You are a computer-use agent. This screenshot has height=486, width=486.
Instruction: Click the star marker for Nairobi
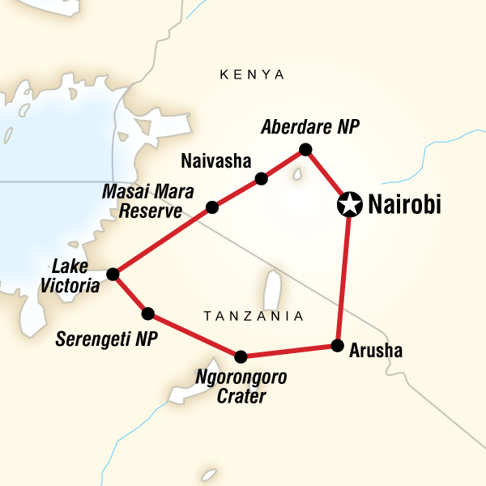(348, 205)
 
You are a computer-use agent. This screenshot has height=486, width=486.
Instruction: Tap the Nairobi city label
(404, 206)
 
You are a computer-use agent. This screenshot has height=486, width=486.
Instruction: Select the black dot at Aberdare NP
(305, 149)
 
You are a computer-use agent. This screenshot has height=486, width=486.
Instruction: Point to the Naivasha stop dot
(261, 178)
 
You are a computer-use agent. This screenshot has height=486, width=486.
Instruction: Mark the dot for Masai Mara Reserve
(211, 207)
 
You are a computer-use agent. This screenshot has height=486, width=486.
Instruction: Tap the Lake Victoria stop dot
(113, 274)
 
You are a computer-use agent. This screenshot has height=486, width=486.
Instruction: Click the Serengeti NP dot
(147, 313)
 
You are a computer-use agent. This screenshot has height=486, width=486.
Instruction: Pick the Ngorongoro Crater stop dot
(240, 356)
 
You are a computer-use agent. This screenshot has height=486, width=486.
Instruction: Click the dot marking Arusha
(336, 346)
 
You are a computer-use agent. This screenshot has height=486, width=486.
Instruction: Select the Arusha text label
(376, 352)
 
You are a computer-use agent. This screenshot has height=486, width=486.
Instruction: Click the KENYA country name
(253, 75)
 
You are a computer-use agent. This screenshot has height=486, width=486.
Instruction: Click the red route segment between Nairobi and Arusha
(343, 275)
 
